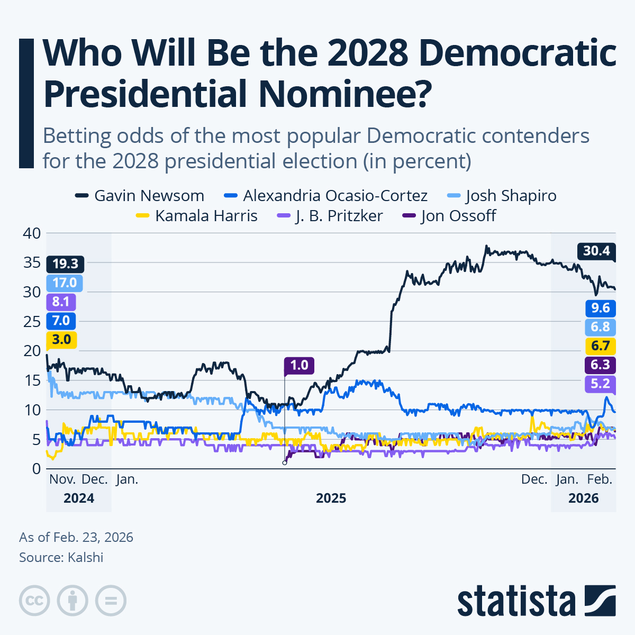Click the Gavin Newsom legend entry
click(x=140, y=196)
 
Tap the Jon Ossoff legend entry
click(x=450, y=216)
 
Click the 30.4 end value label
click(x=596, y=251)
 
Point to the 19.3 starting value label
click(x=65, y=264)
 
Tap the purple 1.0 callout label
click(x=299, y=365)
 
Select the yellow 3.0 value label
click(x=61, y=340)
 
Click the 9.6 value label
click(x=600, y=308)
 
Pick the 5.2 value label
click(x=600, y=384)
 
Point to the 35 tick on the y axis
click(x=32, y=262)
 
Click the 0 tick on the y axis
click(x=36, y=468)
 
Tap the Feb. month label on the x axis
click(x=600, y=479)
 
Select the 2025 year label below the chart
click(x=331, y=498)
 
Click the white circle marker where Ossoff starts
click(x=285, y=462)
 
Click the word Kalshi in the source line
click(x=85, y=557)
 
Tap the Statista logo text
click(x=516, y=601)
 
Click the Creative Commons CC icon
click(x=34, y=601)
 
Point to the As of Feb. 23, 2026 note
click(x=76, y=537)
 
